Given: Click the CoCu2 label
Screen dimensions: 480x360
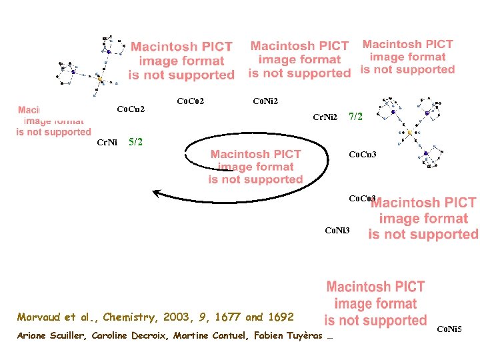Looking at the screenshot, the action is (131, 108).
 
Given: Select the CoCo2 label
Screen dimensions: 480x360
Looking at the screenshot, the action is (190, 101).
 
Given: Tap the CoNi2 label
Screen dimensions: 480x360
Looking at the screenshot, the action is (265, 101).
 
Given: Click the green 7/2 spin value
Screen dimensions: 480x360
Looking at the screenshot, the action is (356, 117).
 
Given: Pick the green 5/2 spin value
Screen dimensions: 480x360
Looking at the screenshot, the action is (135, 141).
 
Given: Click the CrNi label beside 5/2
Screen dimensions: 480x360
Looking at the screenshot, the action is (107, 142).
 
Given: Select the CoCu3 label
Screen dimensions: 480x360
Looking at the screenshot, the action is (363, 155).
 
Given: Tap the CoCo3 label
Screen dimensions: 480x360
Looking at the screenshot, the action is (362, 198).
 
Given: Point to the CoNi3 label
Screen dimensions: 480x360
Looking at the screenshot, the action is (337, 230).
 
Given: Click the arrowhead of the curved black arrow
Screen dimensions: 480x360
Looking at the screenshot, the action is (157, 193).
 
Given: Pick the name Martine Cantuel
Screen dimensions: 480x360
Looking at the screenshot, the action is (211, 335).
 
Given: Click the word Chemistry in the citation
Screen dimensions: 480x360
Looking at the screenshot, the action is (124, 317).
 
